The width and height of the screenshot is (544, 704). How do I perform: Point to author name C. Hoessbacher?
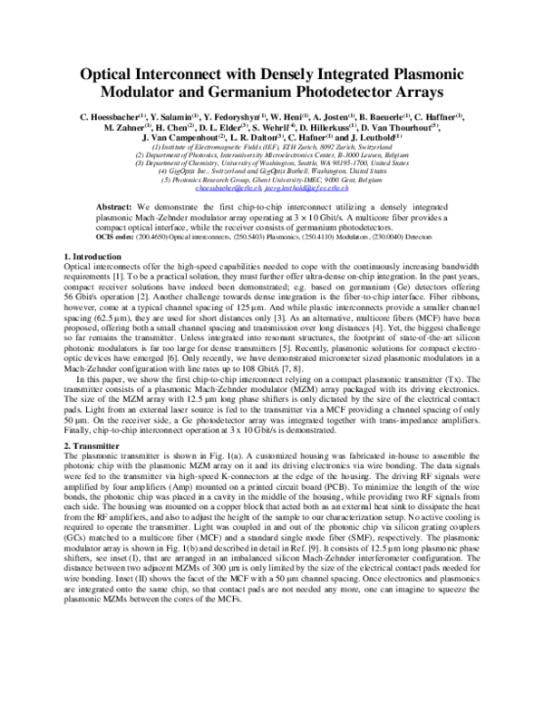97,117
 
